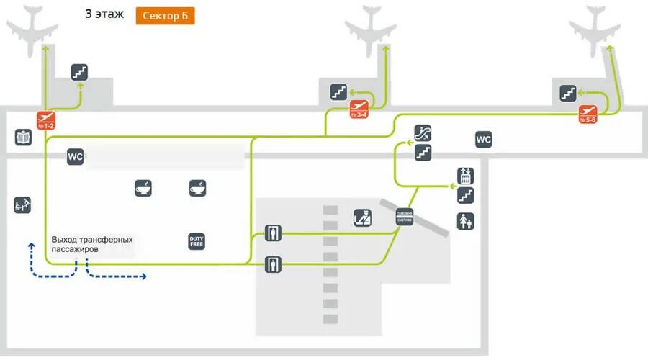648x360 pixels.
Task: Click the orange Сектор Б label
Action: click(165, 16)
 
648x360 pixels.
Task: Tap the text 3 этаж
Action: click(104, 14)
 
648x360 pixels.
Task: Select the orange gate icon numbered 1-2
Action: click(46, 120)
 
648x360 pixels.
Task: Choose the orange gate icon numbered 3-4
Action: click(359, 109)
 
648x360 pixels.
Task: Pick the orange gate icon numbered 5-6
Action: click(588, 114)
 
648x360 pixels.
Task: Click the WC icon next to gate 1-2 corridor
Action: click(76, 156)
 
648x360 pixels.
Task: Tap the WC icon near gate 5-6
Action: click(483, 140)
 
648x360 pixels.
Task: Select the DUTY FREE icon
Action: click(197, 241)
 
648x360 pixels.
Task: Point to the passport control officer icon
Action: click(362, 217)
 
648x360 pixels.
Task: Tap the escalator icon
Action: click(423, 133)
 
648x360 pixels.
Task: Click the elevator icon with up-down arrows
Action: click(466, 176)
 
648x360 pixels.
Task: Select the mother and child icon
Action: click(466, 220)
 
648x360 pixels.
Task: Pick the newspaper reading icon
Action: click(23, 137)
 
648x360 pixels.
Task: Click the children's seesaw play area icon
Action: click(22, 205)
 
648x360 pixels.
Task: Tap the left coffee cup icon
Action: click(143, 188)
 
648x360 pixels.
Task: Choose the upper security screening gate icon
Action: click(273, 233)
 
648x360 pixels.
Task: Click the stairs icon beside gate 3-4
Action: click(338, 91)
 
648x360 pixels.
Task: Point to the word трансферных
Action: click(104, 239)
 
